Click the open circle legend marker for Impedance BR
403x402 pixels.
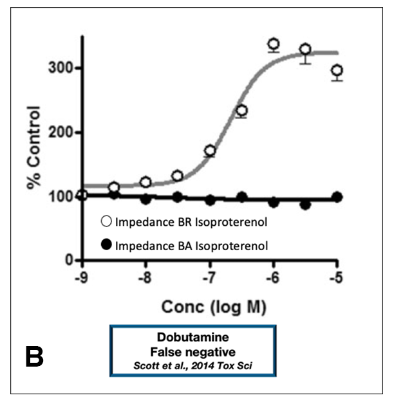108,223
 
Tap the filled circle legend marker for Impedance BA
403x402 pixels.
108,244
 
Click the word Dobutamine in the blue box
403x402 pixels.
193,337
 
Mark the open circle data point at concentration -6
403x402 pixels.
274,44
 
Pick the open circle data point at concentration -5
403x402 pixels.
337,71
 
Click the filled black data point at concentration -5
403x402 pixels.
337,197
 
